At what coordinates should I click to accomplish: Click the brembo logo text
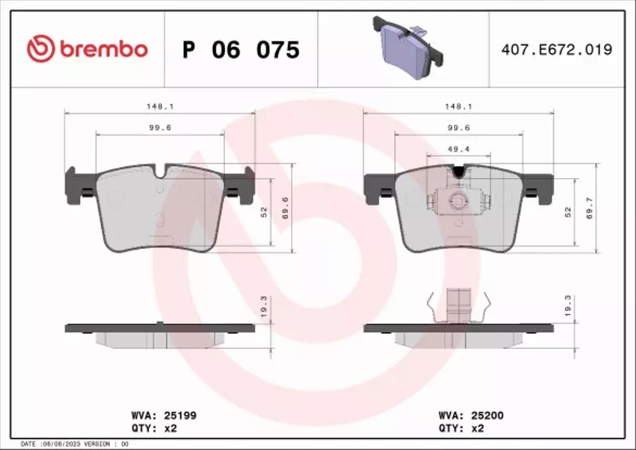tap(99, 49)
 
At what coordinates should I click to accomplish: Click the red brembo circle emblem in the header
tap(38, 49)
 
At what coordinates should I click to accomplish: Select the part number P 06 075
tap(241, 50)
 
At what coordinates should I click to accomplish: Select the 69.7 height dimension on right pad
tap(589, 211)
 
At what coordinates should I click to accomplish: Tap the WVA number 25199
tap(180, 414)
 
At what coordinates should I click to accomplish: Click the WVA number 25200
tap(487, 414)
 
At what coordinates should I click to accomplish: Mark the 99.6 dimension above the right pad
tap(458, 127)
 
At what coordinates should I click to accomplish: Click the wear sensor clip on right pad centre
tap(457, 200)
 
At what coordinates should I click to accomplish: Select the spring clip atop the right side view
tap(456, 305)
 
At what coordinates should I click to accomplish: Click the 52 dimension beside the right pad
tap(568, 211)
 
